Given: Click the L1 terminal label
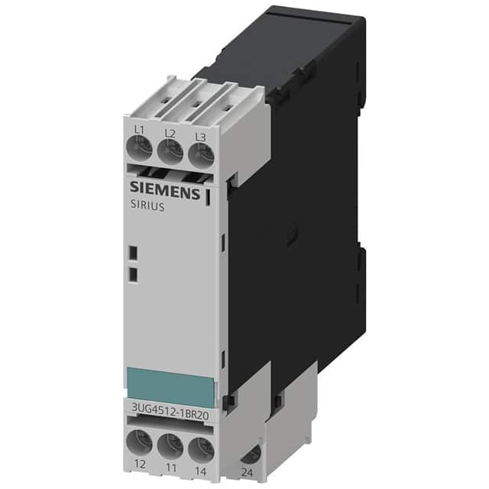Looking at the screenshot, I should point(139,131).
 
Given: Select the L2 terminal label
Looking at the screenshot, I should point(170,134).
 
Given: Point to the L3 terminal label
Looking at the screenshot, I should point(201,137).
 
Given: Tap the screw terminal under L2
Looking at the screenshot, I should point(170,153).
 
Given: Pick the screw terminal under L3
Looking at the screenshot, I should point(200,157).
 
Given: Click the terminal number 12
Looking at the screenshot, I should point(139,464).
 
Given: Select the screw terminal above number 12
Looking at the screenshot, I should point(139,441).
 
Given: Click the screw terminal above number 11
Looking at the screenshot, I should point(170,444).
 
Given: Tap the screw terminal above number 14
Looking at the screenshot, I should point(200,447).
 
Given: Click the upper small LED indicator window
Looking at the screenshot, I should point(131,253).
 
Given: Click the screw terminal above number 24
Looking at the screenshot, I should point(249,454).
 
